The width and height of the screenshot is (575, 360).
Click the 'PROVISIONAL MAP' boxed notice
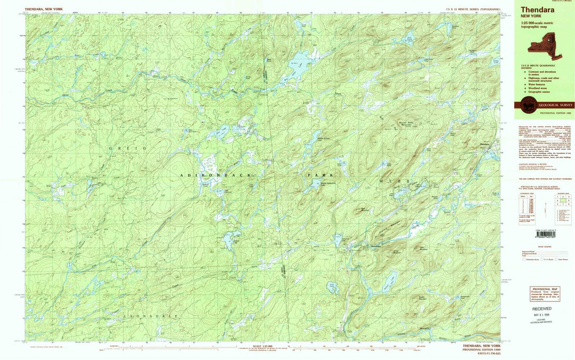click(545, 294)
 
